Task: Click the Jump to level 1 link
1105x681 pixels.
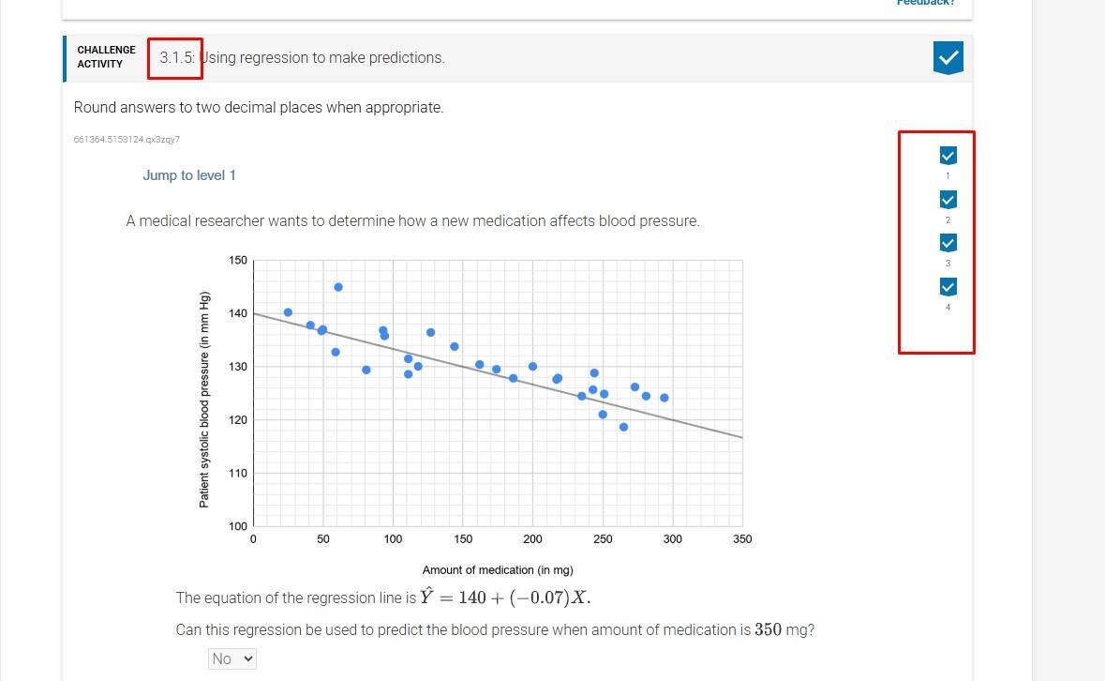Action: point(189,175)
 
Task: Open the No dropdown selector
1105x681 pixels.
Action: point(232,658)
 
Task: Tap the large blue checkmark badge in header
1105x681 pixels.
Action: point(948,58)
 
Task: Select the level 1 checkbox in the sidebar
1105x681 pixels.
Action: point(948,156)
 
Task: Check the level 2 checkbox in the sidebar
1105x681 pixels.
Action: point(948,200)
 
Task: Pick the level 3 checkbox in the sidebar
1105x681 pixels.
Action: point(948,243)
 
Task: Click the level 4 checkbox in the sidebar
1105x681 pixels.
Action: point(948,287)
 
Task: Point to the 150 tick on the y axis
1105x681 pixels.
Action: point(237,260)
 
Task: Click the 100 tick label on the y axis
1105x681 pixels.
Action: point(237,526)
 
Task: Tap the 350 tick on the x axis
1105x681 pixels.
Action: point(742,539)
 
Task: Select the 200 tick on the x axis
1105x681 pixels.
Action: point(532,539)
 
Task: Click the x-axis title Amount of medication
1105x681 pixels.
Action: point(498,570)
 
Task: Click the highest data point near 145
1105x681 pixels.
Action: point(338,287)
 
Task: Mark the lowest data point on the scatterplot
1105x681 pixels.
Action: point(623,427)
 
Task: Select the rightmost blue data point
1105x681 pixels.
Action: point(664,398)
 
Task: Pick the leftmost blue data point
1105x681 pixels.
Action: point(288,312)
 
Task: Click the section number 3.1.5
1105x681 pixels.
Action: point(176,58)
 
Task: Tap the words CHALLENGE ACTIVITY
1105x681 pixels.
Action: point(106,57)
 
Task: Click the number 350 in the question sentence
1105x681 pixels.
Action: point(769,629)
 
